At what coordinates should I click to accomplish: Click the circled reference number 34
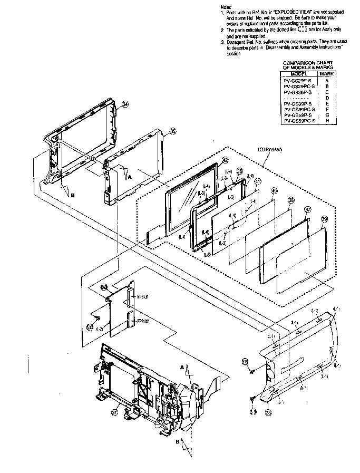[x=125, y=104]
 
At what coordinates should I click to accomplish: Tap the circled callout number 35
[x=172, y=131]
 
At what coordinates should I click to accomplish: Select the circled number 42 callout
[x=225, y=160]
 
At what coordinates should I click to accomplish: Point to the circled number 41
[x=258, y=181]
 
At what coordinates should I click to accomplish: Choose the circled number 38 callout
[x=291, y=200]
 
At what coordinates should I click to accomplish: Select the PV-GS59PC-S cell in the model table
[x=299, y=121]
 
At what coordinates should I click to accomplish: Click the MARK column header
[x=327, y=74]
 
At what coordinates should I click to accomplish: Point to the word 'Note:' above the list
[x=225, y=7]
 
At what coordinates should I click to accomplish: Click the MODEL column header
[x=299, y=74]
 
